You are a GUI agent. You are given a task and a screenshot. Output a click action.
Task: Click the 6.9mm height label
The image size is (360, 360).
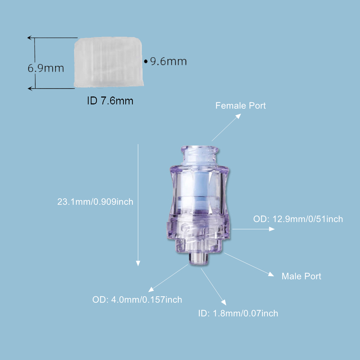tap(46, 68)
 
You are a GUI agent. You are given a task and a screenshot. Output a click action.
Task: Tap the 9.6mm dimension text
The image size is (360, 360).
tap(168, 62)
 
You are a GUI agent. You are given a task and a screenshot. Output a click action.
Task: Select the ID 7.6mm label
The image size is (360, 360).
tap(110, 101)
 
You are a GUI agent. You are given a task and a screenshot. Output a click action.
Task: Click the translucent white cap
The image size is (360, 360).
tap(109, 62)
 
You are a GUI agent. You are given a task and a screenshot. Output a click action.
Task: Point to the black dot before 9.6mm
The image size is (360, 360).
tap(146, 62)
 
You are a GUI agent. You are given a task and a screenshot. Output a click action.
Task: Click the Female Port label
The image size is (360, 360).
tap(240, 105)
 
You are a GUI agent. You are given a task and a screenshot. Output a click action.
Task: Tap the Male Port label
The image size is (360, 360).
tap(301, 276)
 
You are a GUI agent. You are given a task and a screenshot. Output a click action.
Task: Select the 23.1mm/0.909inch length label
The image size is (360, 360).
tap(95, 202)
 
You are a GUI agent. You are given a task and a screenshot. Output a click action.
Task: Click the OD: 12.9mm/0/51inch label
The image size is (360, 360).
tap(298, 219)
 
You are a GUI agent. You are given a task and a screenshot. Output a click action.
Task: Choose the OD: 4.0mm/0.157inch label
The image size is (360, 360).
tap(137, 300)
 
